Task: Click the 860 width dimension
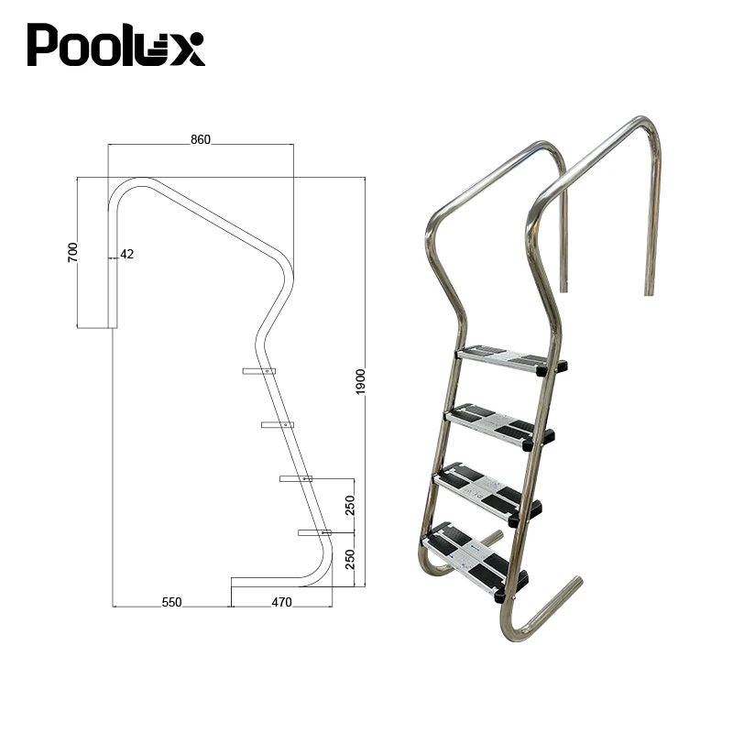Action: (201, 139)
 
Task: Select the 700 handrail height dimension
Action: (73, 253)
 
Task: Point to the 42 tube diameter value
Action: (126, 254)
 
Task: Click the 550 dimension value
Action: (171, 602)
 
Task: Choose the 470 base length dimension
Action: (281, 602)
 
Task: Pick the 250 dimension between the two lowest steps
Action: (350, 505)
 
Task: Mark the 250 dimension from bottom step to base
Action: (350, 559)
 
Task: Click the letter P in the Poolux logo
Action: (44, 45)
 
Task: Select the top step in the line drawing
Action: (258, 371)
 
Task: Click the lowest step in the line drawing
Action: (313, 532)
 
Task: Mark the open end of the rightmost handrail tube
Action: (650, 291)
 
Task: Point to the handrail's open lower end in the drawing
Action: (112, 324)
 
